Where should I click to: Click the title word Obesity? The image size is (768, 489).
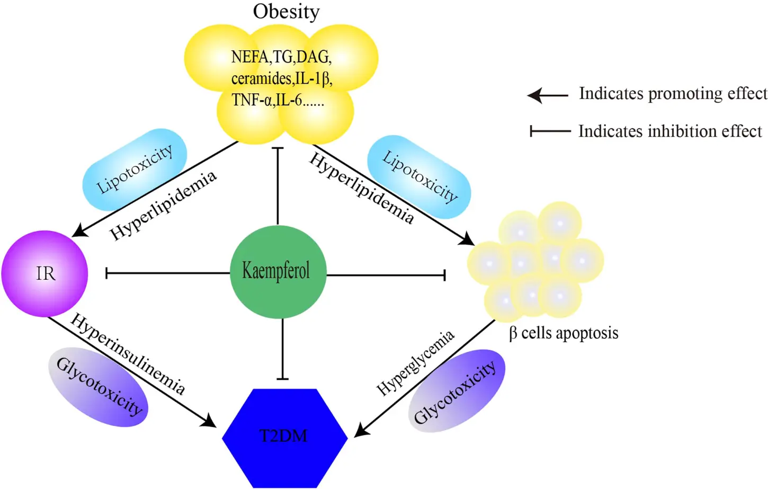(286, 12)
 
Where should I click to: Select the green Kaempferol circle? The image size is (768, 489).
(278, 271)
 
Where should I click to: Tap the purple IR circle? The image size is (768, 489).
(45, 273)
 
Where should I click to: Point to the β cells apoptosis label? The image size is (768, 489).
(564, 333)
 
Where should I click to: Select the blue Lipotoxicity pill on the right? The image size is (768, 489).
(419, 176)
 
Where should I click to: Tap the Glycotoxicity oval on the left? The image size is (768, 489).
(99, 387)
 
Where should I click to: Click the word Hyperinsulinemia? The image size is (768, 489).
(128, 354)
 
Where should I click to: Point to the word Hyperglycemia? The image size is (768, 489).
(415, 363)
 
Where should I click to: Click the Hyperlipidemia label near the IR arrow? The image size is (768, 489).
(163, 205)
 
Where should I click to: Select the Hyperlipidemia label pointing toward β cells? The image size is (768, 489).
(361, 188)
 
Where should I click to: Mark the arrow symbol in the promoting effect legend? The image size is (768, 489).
(548, 95)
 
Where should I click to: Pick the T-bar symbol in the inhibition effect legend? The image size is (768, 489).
(550, 131)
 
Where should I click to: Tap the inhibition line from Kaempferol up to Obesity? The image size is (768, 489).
(278, 185)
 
